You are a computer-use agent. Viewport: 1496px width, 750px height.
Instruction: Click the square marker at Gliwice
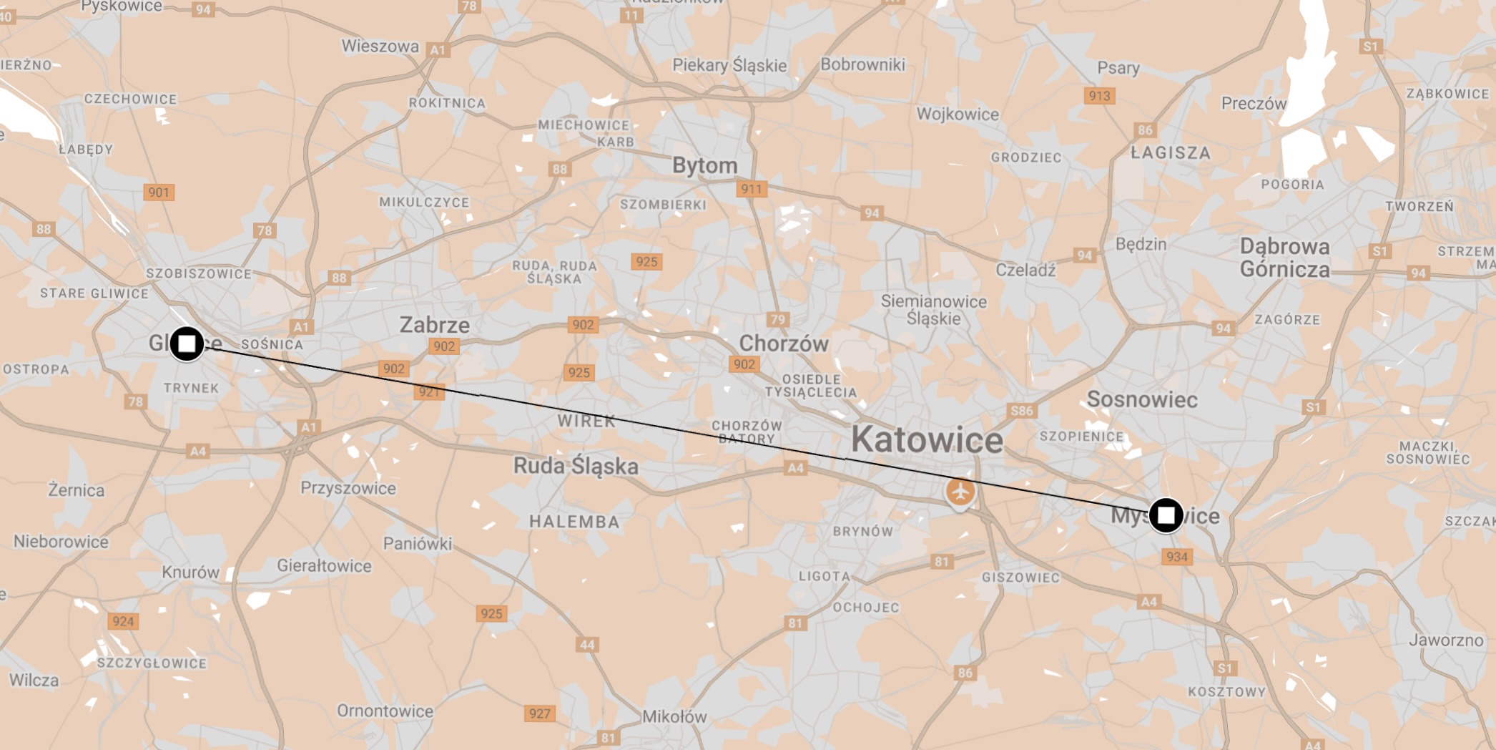(187, 344)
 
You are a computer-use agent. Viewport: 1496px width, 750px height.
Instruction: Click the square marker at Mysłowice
(1166, 515)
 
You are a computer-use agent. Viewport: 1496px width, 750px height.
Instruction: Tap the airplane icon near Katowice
(960, 492)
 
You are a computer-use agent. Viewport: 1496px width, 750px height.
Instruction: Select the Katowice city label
(927, 439)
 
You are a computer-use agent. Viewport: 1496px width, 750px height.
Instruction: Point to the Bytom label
(704, 165)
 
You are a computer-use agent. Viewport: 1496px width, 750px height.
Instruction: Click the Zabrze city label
(435, 325)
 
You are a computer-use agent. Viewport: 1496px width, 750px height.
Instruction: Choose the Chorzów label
(784, 344)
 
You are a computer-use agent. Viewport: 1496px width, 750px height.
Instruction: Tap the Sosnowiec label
(1142, 399)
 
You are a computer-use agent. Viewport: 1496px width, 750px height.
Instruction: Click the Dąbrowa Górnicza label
(1284, 258)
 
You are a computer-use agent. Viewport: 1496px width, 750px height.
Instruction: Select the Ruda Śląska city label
(576, 466)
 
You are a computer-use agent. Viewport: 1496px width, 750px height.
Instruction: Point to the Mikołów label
(674, 716)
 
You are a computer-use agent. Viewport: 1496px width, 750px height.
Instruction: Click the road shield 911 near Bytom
(751, 189)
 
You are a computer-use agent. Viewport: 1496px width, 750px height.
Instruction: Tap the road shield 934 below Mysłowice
(1176, 557)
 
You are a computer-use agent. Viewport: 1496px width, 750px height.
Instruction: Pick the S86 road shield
(1021, 411)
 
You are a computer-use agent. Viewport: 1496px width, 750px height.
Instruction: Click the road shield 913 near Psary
(1099, 96)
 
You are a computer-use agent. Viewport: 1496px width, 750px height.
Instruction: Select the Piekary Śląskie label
(729, 65)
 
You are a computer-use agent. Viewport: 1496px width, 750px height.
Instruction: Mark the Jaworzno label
(1446, 640)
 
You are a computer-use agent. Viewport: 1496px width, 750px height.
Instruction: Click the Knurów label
(190, 572)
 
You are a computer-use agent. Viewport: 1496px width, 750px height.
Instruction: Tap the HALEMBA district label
(574, 522)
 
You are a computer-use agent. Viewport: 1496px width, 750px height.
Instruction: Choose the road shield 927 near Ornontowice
(539, 714)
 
